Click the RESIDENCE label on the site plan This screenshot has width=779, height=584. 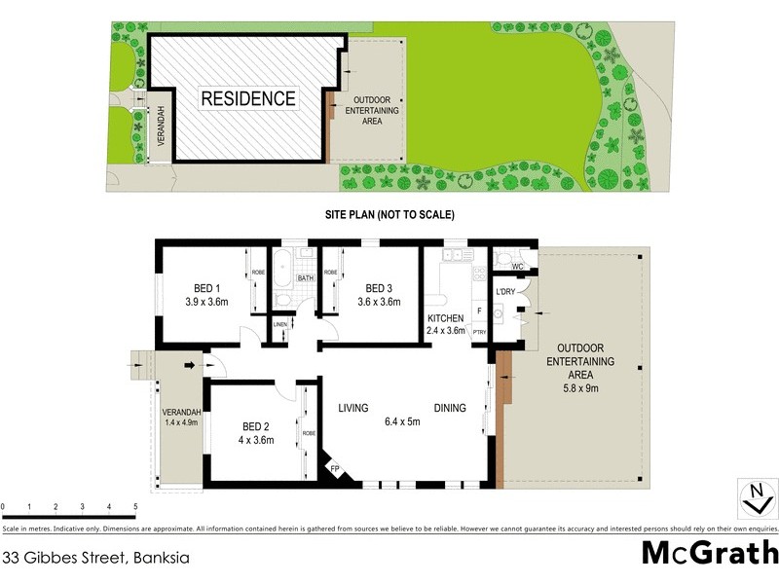pyautogui.click(x=248, y=98)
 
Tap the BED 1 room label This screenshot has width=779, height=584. pyautogui.click(x=206, y=288)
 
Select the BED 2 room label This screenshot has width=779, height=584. pyautogui.click(x=255, y=425)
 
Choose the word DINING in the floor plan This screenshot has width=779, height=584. pyautogui.click(x=450, y=408)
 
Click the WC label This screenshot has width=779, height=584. pyautogui.click(x=517, y=266)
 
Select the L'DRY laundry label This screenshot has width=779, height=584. pyautogui.click(x=505, y=293)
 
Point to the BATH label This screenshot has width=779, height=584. pyautogui.click(x=305, y=278)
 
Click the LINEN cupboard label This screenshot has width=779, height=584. pyautogui.click(x=280, y=324)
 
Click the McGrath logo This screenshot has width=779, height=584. pyautogui.click(x=710, y=552)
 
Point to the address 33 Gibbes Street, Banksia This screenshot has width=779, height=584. pyautogui.click(x=94, y=559)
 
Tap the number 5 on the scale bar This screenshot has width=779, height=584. pyautogui.click(x=134, y=507)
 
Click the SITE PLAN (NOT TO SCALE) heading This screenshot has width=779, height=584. pyautogui.click(x=389, y=214)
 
